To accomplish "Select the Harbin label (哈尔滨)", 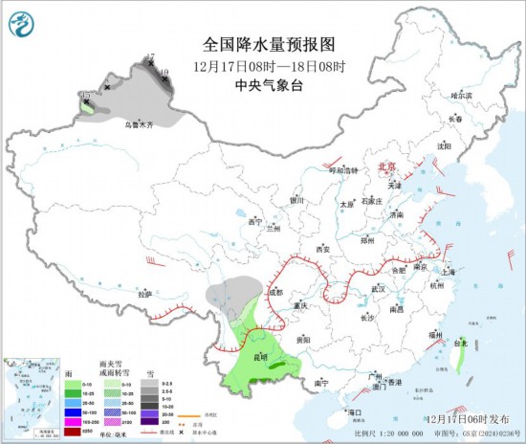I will point(462,95).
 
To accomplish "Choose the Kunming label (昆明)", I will point(260,357).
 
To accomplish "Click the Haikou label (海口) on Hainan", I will point(355,412).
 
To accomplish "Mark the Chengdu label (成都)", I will point(275,292).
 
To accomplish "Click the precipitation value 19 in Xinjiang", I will point(164,72).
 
